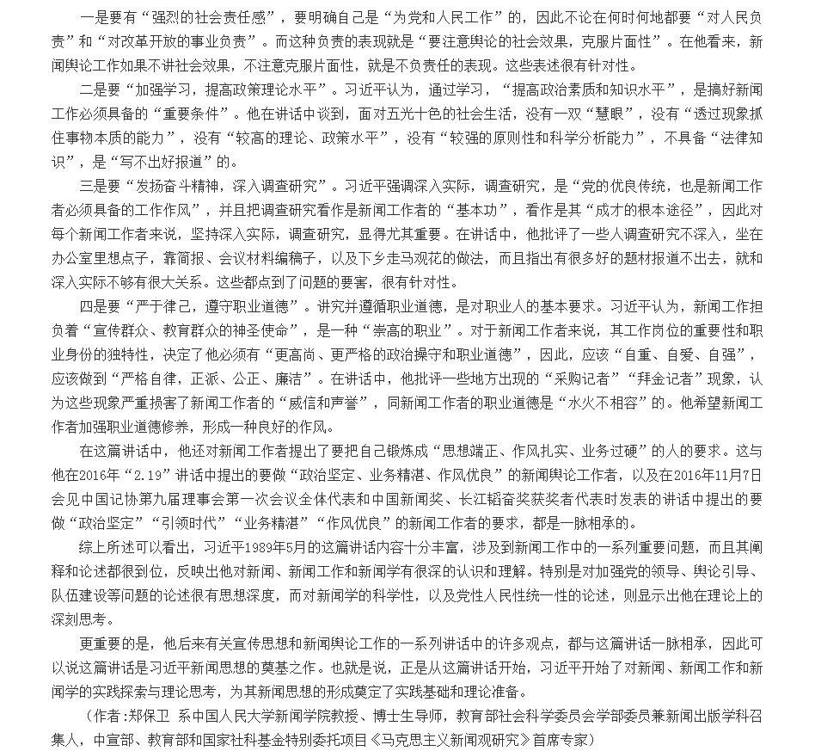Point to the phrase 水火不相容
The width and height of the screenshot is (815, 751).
[617, 403]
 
